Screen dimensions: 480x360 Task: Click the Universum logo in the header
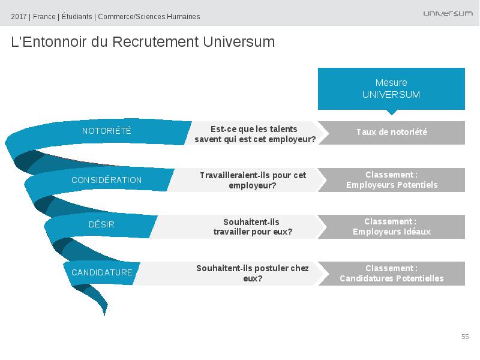pyautogui.click(x=448, y=13)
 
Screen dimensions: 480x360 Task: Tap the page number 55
pyautogui.click(x=465, y=337)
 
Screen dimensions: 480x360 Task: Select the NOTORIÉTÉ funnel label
pyautogui.click(x=107, y=131)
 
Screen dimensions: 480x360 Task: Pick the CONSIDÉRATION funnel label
pyautogui.click(x=107, y=180)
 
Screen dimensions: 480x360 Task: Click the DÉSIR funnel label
pyautogui.click(x=101, y=224)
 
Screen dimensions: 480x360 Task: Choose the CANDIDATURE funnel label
pyautogui.click(x=102, y=272)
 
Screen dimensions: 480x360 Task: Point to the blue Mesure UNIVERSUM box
pyautogui.click(x=391, y=89)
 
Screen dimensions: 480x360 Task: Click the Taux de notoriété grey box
pyautogui.click(x=392, y=133)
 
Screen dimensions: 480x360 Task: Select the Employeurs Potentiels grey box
pyautogui.click(x=392, y=180)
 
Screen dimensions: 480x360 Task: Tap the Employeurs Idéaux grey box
pyautogui.click(x=392, y=227)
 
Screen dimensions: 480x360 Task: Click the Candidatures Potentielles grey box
pyautogui.click(x=392, y=274)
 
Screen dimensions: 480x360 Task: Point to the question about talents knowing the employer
pyautogui.click(x=254, y=134)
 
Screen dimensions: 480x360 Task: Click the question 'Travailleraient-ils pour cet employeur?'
pyautogui.click(x=253, y=181)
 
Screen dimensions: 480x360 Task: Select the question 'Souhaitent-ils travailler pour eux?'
pyautogui.click(x=253, y=227)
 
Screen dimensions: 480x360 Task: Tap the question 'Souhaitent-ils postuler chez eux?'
pyautogui.click(x=253, y=274)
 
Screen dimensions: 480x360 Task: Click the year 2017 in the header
pyautogui.click(x=19, y=17)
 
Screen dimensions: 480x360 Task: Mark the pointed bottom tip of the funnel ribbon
pyautogui.click(x=104, y=314)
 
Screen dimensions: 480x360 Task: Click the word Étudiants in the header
pyautogui.click(x=77, y=16)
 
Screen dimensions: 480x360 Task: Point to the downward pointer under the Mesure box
pyautogui.click(x=392, y=112)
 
